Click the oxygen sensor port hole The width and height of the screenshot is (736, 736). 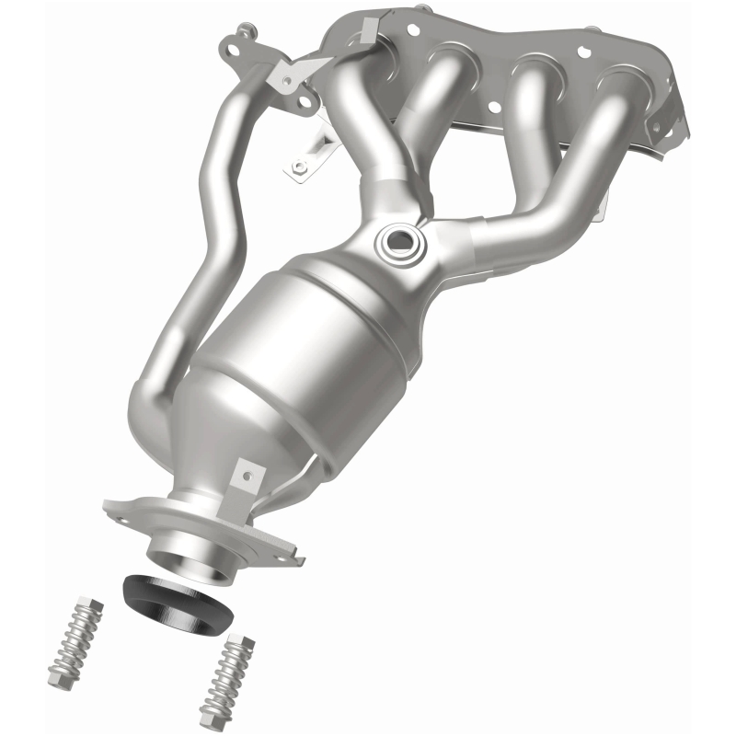pyautogui.click(x=398, y=243)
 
